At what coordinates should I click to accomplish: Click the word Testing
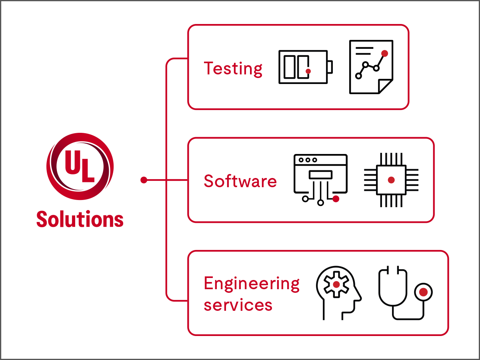(233, 69)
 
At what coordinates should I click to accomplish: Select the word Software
(240, 181)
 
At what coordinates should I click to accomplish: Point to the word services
(238, 305)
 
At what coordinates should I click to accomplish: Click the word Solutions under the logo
(80, 219)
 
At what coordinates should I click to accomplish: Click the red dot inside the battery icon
(308, 71)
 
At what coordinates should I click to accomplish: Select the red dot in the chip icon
(391, 180)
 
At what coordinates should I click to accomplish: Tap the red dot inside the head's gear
(336, 284)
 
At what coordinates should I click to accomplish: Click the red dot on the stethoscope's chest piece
(423, 292)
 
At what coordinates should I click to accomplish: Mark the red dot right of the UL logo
(144, 180)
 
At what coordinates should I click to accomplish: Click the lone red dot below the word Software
(336, 199)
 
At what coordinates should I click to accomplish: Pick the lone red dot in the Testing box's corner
(385, 53)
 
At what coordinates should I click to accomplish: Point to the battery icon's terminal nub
(330, 67)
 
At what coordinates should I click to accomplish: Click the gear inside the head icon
(336, 284)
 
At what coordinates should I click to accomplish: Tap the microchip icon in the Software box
(391, 180)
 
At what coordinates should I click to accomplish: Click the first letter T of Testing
(209, 68)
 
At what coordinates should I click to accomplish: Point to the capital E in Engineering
(208, 284)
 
